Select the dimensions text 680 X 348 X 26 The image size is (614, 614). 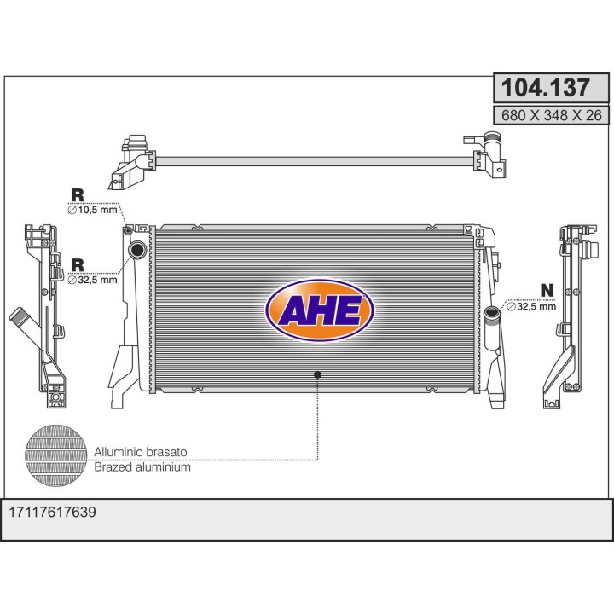point(550,115)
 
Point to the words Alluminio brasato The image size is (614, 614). point(141,451)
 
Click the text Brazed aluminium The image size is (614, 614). point(142,467)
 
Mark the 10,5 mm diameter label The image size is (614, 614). point(93,209)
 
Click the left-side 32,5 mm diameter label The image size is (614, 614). point(93,279)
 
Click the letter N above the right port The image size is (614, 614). point(547,291)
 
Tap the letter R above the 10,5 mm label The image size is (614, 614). point(77,194)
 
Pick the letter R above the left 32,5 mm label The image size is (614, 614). point(77,264)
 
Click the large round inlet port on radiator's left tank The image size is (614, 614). point(137,250)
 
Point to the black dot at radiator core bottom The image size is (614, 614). point(318,374)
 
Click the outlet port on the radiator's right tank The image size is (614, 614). point(492,313)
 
